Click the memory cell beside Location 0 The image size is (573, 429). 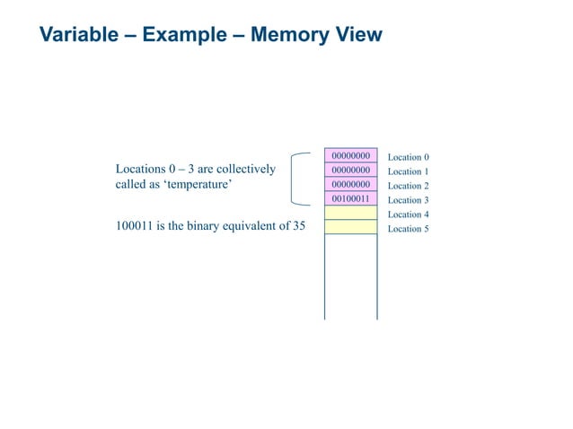click(350, 155)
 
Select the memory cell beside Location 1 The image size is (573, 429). click(350, 170)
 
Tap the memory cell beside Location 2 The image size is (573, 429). click(350, 184)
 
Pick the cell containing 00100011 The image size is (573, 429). click(350, 198)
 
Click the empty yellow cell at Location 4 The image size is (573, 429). click(350, 213)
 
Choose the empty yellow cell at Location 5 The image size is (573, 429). click(350, 227)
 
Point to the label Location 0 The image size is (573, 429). click(408, 157)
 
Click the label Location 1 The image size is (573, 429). click(408, 171)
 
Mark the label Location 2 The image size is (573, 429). click(408, 186)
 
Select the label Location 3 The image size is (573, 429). click(408, 200)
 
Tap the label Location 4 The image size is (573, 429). click(408, 214)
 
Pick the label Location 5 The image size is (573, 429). click(408, 229)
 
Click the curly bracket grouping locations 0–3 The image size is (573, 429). click(295, 180)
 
